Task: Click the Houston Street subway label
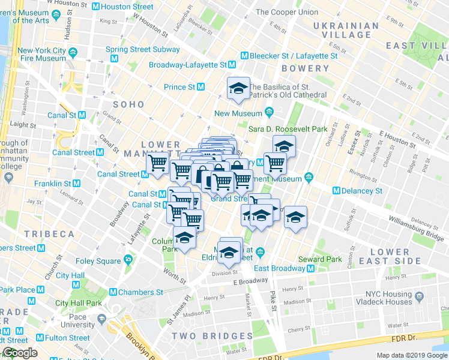pyautogui.click(x=127, y=7)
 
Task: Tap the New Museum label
pyautogui.click(x=238, y=113)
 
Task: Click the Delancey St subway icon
pyautogui.click(x=336, y=191)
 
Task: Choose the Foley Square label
pyautogui.click(x=98, y=261)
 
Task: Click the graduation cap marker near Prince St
pyautogui.click(x=238, y=89)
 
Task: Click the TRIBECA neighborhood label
pyautogui.click(x=49, y=233)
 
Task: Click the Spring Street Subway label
pyautogui.click(x=133, y=49)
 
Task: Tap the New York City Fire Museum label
pyautogui.click(x=41, y=54)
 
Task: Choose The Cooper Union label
pyautogui.click(x=287, y=12)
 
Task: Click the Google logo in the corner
pyautogui.click(x=19, y=353)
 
